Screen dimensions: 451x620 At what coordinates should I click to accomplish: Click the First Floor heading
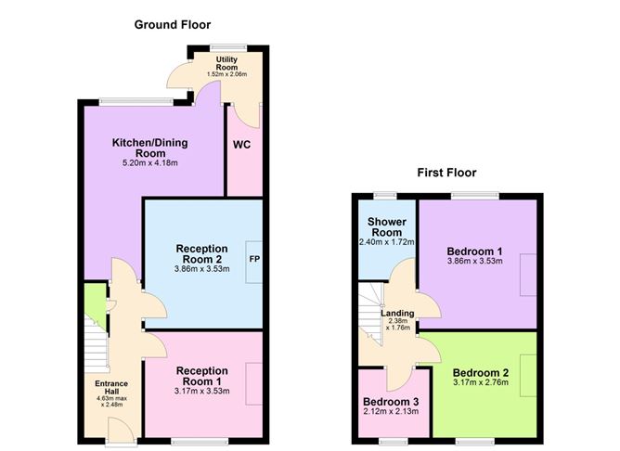[x=446, y=173]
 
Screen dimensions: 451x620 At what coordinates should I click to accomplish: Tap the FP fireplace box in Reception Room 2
[x=253, y=258]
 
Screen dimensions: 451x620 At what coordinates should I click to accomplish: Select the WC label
[x=241, y=145]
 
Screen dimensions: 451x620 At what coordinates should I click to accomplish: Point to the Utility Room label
[x=226, y=63]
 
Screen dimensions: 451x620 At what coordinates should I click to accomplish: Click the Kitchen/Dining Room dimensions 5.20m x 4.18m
[x=145, y=163]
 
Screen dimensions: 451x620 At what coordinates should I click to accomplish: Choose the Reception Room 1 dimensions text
[x=201, y=390]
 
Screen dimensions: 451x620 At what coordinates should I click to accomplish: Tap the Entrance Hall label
[x=110, y=386]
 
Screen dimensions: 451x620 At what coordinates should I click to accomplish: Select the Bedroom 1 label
[x=474, y=251]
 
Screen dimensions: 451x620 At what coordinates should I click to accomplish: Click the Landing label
[x=398, y=314]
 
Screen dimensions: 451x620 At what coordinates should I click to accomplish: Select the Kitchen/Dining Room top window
[x=136, y=100]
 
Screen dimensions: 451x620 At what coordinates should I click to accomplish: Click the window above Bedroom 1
[x=474, y=195]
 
